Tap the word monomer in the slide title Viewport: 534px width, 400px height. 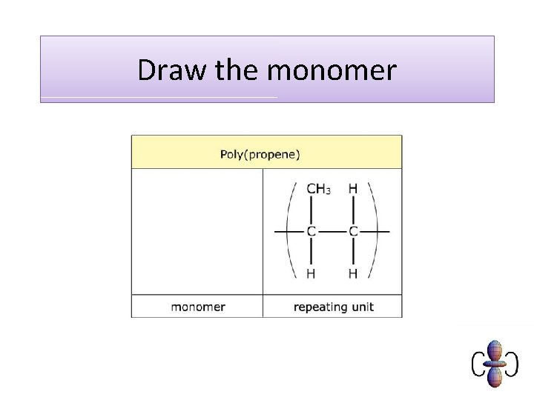coord(332,71)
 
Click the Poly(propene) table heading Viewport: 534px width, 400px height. coord(260,155)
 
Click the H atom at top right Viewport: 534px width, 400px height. coord(353,189)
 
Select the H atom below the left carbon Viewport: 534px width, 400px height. coord(311,274)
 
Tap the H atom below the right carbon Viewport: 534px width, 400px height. coord(353,274)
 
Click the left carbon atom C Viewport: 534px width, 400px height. coord(311,232)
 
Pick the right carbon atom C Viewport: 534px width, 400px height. coord(353,232)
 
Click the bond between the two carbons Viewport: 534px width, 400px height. coord(332,232)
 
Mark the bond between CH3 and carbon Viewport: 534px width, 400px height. coord(311,210)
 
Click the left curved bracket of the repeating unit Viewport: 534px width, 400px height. coord(291,231)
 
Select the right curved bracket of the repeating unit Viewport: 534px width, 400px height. coord(372,231)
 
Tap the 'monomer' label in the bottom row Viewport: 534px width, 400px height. coord(198,307)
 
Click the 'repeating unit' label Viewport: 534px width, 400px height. coord(333,307)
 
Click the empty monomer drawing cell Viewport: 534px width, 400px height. coord(197,231)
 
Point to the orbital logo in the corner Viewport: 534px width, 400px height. coord(495,364)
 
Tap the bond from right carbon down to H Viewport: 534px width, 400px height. coord(353,253)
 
